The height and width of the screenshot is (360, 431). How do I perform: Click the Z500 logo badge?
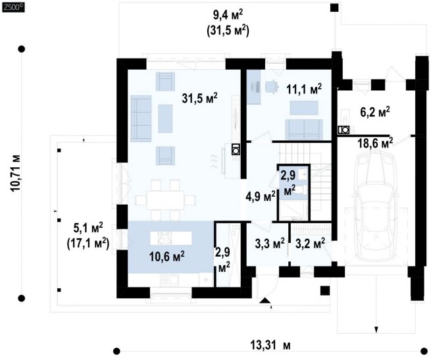pos(13,7)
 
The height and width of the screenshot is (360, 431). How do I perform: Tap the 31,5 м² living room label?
pos(199,98)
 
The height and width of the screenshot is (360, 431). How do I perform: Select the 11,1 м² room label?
pos(304,89)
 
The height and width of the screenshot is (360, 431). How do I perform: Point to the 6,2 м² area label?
pos(375,112)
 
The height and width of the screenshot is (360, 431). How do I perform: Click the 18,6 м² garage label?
pos(375,143)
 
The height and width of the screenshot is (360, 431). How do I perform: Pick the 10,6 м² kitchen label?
pos(167,257)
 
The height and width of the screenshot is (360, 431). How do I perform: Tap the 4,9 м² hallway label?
pos(261,197)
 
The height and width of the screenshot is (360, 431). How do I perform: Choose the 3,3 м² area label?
pos(270,244)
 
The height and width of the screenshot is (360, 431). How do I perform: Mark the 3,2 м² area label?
pos(310,244)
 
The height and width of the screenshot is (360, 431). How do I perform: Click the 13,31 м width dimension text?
pos(270,345)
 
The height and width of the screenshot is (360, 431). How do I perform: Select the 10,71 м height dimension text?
pos(15,173)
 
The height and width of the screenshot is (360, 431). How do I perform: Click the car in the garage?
pos(376,207)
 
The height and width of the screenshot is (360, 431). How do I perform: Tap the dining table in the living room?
pos(165,199)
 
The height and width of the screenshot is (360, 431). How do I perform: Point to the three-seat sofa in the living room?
pos(141,118)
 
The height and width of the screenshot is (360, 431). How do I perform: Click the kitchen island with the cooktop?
pos(170,238)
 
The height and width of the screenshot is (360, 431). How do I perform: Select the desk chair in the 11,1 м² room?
pos(272,87)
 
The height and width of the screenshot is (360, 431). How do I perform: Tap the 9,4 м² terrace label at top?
pos(228,15)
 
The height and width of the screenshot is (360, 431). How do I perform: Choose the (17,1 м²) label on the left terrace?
pos(88,244)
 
